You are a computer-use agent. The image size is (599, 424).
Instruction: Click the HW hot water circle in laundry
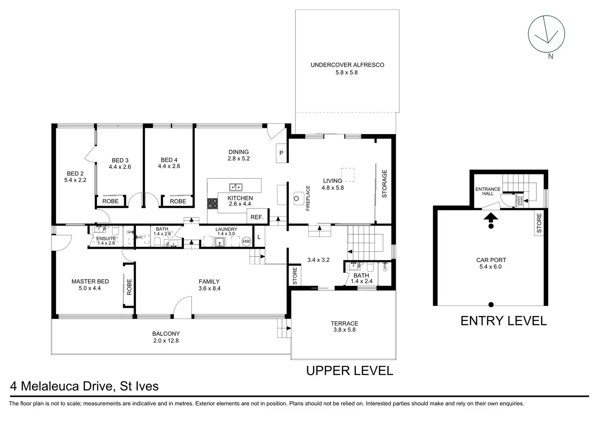[246, 242]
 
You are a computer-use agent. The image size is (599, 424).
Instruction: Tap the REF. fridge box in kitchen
[257, 216]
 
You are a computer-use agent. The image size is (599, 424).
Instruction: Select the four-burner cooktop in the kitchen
[212, 203]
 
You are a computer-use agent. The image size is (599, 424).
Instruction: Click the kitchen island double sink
[236, 187]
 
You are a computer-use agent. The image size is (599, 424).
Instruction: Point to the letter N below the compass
[550, 56]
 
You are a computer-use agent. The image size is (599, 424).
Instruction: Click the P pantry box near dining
[281, 153]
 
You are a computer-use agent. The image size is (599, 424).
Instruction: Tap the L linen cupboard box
[259, 237]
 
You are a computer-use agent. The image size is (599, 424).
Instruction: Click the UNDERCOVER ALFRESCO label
[347, 65]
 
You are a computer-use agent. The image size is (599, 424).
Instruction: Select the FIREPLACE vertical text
[308, 198]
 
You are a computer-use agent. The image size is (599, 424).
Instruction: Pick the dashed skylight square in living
[348, 175]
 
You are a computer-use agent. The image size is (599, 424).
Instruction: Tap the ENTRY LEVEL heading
[503, 321]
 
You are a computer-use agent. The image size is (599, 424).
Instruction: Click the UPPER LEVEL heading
[350, 371]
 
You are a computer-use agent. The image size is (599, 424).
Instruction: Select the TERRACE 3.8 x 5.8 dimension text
[344, 330]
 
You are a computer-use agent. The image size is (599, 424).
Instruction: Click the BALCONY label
[166, 334]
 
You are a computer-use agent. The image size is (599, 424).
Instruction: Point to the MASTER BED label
[90, 281]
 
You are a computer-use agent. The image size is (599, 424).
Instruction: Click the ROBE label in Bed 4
[178, 201]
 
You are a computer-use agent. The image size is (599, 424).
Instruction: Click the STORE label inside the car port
[539, 223]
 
